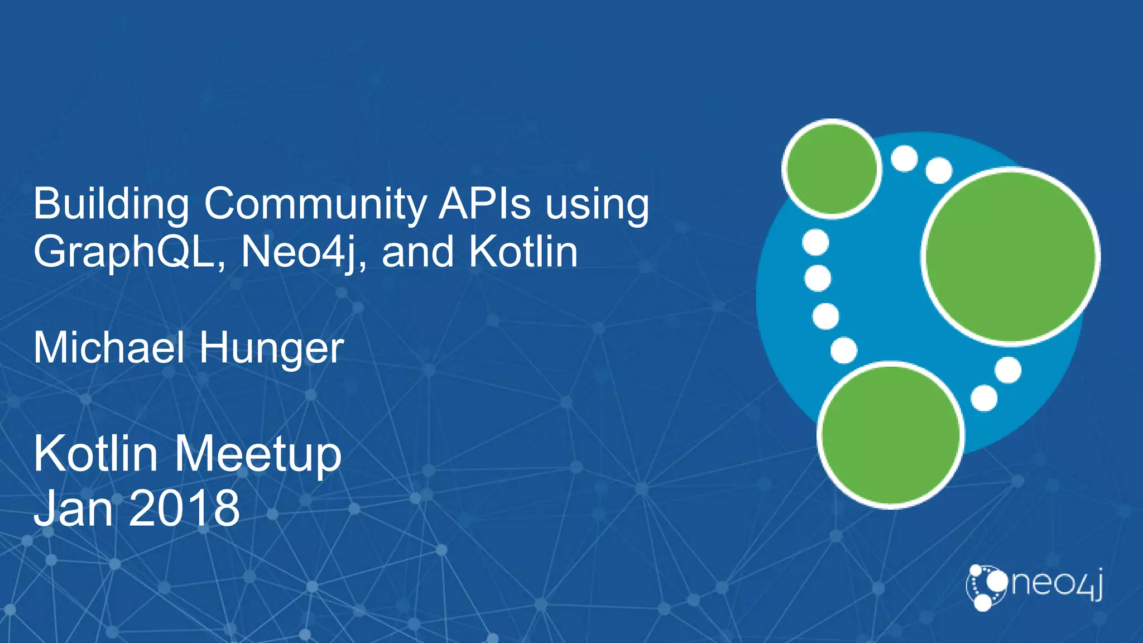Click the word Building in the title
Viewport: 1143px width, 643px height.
coord(111,205)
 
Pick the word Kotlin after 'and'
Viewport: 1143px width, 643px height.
coord(523,252)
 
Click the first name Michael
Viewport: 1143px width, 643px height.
coord(109,348)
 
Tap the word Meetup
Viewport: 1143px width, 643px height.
coord(258,455)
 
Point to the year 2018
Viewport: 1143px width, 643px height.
coord(184,508)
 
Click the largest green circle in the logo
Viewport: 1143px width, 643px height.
coord(1010,256)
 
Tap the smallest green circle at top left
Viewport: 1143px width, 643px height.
coord(832,168)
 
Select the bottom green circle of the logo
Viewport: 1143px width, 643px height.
coord(891,435)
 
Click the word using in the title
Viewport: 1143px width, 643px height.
coord(597,205)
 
